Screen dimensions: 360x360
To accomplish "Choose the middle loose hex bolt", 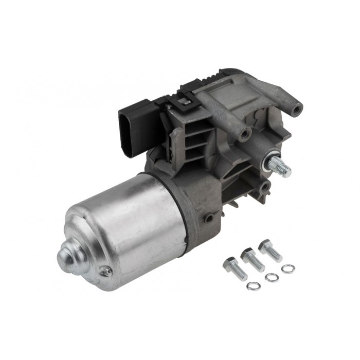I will (253, 259).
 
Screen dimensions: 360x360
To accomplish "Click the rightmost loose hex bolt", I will (271, 250).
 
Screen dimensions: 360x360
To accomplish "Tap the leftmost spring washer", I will (253, 285).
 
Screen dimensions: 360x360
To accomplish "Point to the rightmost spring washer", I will (289, 268).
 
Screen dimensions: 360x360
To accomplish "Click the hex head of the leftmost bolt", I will (229, 264).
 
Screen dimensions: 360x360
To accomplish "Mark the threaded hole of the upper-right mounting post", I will (297, 109).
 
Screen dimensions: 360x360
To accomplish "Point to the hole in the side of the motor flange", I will (209, 218).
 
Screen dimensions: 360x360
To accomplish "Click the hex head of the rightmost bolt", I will (265, 245).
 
